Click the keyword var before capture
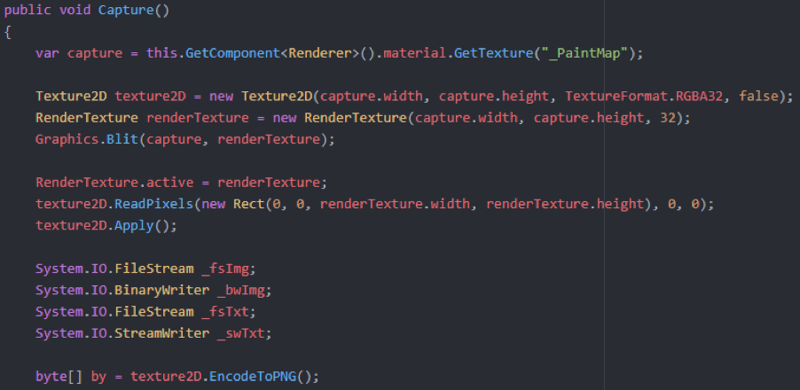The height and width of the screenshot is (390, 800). point(47,53)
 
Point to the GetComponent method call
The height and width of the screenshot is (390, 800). point(219,53)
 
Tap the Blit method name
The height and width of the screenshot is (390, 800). point(115,139)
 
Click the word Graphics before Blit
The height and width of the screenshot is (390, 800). point(63,139)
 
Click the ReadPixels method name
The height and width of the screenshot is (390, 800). point(150,204)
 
